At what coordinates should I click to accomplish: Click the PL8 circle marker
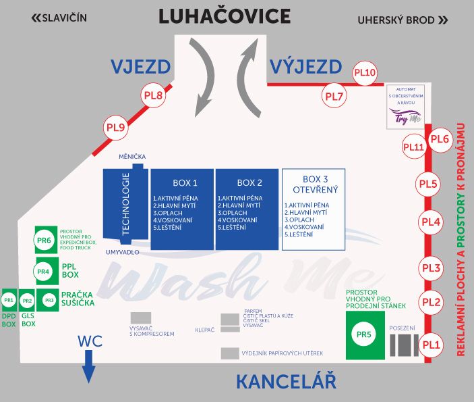(x=153, y=95)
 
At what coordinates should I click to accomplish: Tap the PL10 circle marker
(x=365, y=73)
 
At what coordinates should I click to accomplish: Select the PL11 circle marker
(x=414, y=147)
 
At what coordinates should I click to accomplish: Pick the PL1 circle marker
(x=431, y=345)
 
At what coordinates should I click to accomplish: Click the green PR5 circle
(x=363, y=334)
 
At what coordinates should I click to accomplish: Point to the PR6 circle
(x=44, y=241)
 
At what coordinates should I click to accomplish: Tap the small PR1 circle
(x=9, y=300)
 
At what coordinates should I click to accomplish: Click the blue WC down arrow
(x=88, y=367)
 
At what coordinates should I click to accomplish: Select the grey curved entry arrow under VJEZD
(x=202, y=77)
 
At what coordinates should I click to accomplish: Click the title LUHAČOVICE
(x=225, y=16)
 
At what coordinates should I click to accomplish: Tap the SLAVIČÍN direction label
(x=59, y=18)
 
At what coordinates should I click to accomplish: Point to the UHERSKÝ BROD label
(x=403, y=20)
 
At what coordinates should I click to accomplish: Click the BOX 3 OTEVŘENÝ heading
(x=316, y=184)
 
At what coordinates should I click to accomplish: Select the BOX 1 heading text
(x=185, y=182)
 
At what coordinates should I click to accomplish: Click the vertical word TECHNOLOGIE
(x=125, y=204)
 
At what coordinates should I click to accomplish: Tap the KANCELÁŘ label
(x=286, y=381)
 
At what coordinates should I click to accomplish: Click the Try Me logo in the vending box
(x=405, y=116)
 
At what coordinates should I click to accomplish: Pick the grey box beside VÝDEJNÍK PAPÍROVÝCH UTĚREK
(x=230, y=353)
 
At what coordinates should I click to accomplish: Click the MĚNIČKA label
(x=132, y=157)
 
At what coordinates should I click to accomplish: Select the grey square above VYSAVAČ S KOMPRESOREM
(x=141, y=318)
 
